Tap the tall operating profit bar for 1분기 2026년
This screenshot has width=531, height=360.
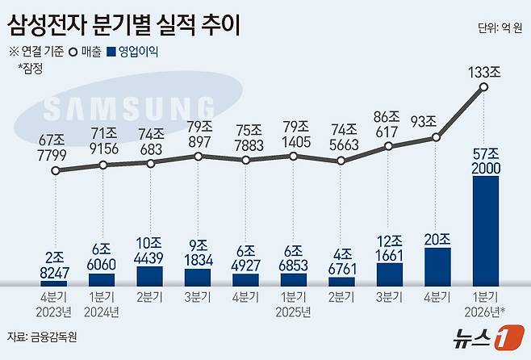point(485,228)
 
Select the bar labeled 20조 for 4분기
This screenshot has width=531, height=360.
point(437,265)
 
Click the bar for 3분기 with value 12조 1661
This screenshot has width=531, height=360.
point(389,273)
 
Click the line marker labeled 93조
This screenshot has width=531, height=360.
point(437,137)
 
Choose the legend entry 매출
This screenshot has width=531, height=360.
point(86,52)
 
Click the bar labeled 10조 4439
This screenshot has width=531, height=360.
point(150,275)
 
